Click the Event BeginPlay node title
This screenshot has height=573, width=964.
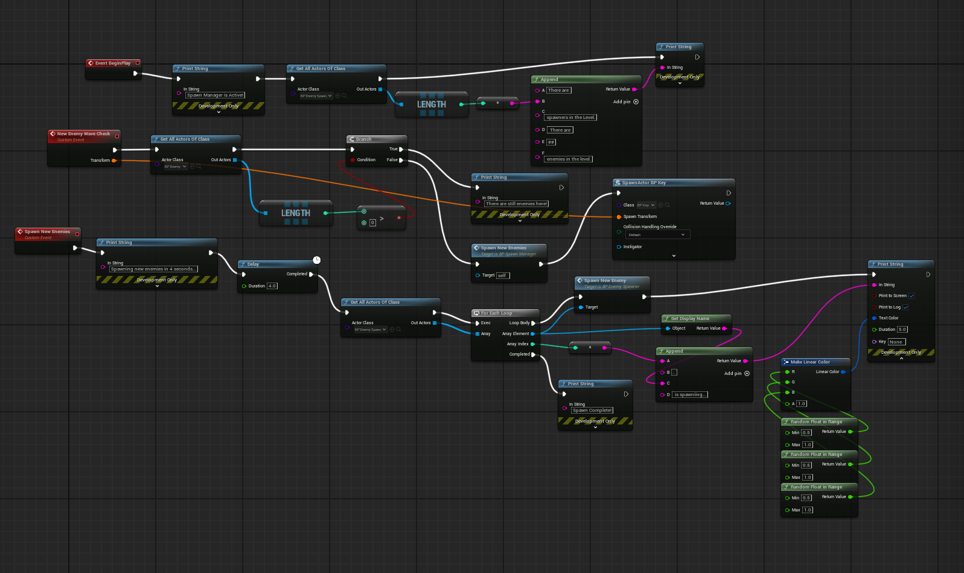[113, 63]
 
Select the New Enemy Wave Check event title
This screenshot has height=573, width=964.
[83, 133]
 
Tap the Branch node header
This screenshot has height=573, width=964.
[363, 139]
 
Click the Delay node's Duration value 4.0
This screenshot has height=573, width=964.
[272, 286]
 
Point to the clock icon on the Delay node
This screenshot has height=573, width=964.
[317, 260]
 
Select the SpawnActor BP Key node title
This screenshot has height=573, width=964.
[643, 182]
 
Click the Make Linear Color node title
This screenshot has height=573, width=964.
[810, 362]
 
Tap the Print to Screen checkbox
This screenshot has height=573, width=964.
[911, 296]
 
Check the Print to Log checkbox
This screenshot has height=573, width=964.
[905, 307]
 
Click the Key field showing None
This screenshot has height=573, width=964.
[896, 342]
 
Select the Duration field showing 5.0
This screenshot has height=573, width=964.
[902, 330]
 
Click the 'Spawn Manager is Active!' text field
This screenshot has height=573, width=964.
[215, 95]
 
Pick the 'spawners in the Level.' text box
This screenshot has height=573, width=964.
[570, 118]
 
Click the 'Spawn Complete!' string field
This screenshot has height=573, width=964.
[592, 411]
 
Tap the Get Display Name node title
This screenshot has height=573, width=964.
[690, 318]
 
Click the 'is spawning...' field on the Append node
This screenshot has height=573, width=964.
[690, 395]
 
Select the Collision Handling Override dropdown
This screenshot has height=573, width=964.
[656, 234]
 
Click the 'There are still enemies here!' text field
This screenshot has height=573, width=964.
[517, 204]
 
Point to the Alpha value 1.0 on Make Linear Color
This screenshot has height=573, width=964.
[802, 403]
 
